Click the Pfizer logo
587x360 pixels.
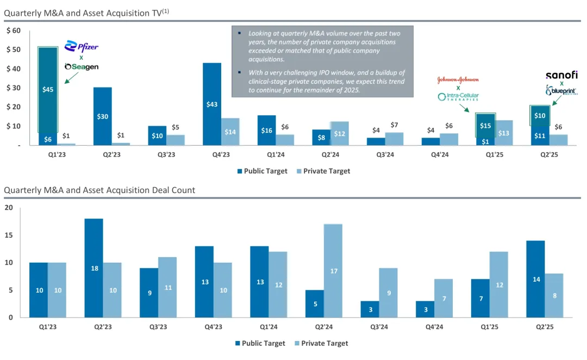82,46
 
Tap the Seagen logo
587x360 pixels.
82,66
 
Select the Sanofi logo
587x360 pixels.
561,75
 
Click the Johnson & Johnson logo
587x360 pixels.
458,79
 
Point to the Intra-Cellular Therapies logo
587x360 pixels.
458,97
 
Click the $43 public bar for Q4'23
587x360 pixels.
212,104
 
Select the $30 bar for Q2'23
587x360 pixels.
102,116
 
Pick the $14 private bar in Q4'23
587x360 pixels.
230,132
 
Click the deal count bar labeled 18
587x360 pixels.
94,268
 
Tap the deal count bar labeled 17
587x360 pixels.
333,271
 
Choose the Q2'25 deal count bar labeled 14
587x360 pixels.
535,279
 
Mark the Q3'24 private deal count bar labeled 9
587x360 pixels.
388,293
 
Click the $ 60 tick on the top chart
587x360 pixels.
14,30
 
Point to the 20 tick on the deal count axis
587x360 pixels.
9,208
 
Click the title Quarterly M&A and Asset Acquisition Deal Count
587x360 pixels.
99,190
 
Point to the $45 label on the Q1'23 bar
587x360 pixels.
48,89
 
